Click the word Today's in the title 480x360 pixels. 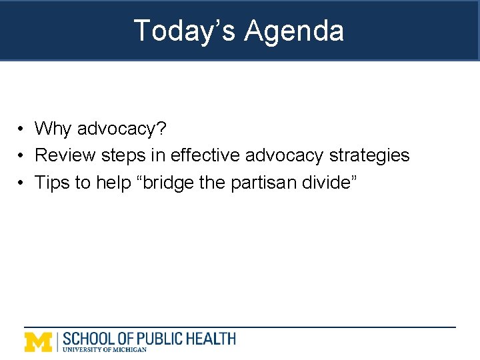tap(184, 31)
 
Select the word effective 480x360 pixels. tap(205, 155)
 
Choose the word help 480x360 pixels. tap(114, 183)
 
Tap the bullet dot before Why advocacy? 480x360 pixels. tap(22, 129)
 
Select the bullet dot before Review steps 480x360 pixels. tap(22, 156)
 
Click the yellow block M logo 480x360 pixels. tap(38, 341)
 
